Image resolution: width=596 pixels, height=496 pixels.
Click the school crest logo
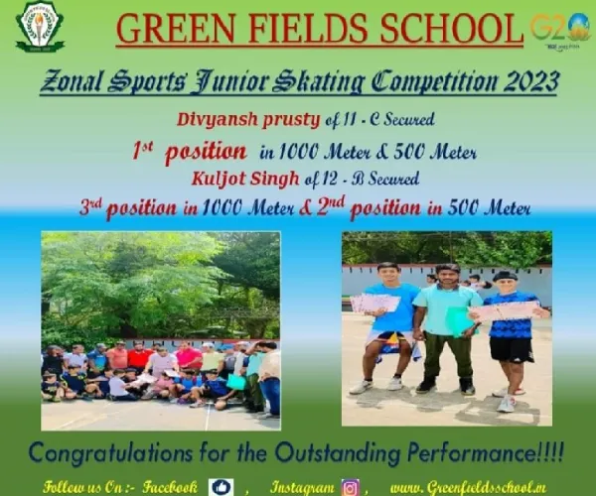pyautogui.click(x=40, y=27)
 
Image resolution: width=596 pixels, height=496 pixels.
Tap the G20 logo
pyautogui.click(x=560, y=30)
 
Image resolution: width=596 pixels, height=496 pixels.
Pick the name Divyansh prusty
pyautogui.click(x=248, y=120)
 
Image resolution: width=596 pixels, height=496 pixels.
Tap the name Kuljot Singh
pyautogui.click(x=245, y=179)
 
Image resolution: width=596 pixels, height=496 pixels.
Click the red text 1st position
pyautogui.click(x=190, y=152)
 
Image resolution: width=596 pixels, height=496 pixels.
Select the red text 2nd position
pyautogui.click(x=369, y=207)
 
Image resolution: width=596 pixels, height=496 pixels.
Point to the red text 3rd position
pyautogui.click(x=128, y=207)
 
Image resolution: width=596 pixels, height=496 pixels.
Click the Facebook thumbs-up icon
pyautogui.click(x=222, y=487)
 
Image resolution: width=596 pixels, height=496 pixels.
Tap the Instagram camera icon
pyautogui.click(x=351, y=487)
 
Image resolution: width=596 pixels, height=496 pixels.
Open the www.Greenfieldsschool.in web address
pyautogui.click(x=468, y=487)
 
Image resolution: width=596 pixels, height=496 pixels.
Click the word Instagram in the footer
pyautogui.click(x=303, y=487)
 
